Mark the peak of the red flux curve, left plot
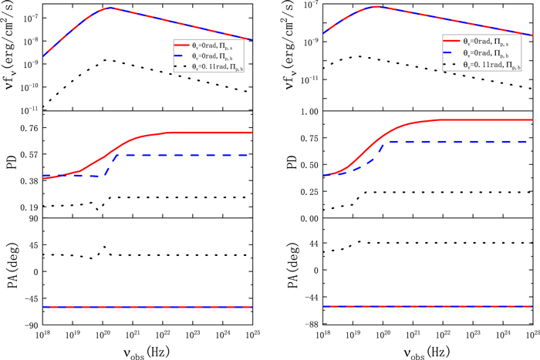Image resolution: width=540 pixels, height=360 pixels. tap(110, 8)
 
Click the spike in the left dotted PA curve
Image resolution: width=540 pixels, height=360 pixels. tap(104, 247)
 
